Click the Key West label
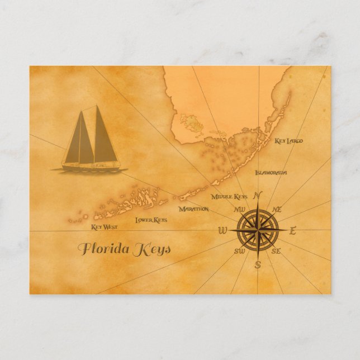[104, 228]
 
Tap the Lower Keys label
[151, 220]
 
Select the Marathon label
[193, 209]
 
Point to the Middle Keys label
[229, 197]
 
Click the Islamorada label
[271, 173]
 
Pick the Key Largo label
[288, 141]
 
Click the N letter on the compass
[258, 196]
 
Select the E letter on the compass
[293, 230]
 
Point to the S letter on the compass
[258, 265]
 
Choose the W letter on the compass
[222, 231]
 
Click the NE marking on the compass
[276, 209]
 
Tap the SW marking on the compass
[239, 252]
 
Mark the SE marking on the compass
[276, 252]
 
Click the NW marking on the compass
[240, 210]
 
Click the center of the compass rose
[258, 230]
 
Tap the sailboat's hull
[89, 167]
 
